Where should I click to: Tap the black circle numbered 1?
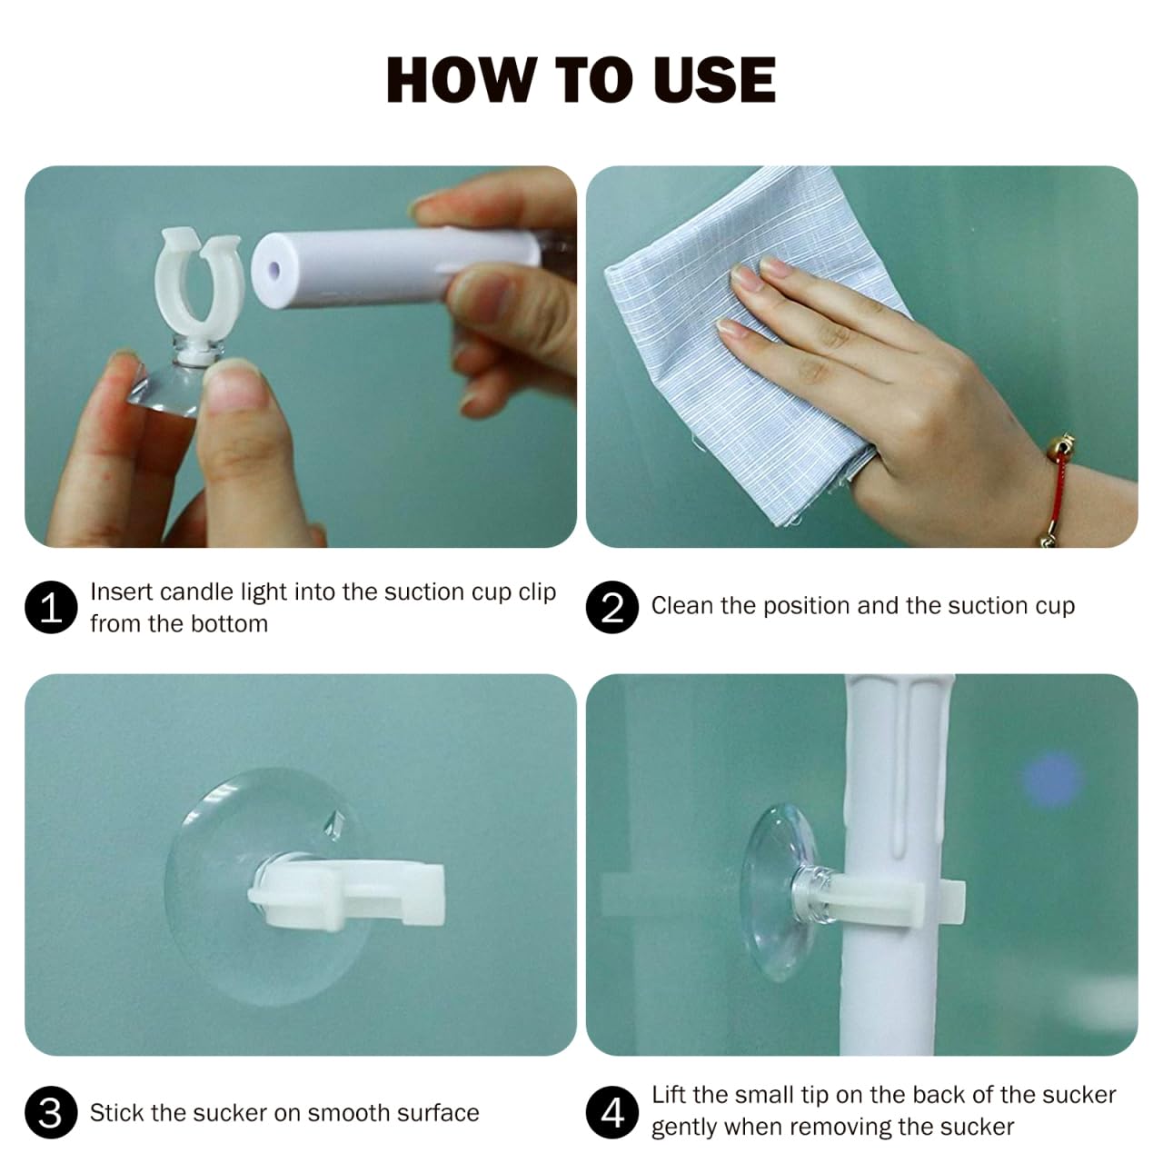51,607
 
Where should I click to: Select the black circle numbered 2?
612,607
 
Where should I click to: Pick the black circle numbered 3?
51,1112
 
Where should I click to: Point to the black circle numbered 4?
612,1112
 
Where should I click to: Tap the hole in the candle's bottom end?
274,269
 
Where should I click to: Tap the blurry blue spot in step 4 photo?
1050,780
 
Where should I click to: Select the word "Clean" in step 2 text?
682,605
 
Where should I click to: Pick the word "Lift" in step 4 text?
670,1095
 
